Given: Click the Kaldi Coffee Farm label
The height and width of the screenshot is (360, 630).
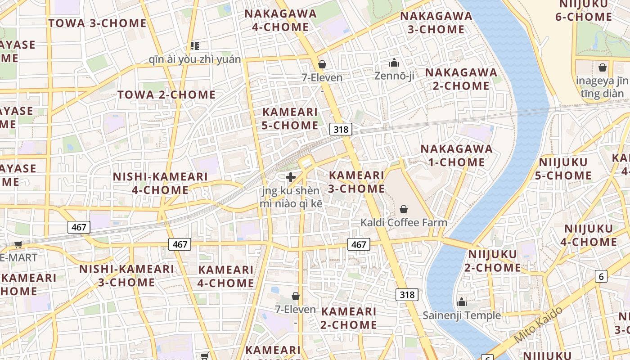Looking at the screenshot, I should coord(404,222).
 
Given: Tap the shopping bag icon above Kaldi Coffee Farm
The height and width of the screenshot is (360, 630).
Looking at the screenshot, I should coord(404,209).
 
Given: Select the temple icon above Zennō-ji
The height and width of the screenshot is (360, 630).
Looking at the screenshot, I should coord(394,63).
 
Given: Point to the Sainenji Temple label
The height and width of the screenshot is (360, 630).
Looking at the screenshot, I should coord(461,315).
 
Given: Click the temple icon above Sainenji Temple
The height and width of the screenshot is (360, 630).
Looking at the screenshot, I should coord(461,302).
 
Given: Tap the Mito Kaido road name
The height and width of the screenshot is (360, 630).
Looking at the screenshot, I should coord(538,324).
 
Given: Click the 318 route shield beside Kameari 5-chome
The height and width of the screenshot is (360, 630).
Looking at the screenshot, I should coord(341,129).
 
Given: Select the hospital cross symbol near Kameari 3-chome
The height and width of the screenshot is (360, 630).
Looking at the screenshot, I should coord(291,177).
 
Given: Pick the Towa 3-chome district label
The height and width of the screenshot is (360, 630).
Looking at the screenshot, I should coord(97,23).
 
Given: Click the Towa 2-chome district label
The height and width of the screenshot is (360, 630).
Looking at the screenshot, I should coord(166,94).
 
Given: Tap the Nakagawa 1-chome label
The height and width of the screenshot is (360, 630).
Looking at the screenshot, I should coord(456,155).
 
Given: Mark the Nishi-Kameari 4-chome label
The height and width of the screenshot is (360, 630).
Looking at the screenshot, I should coord(160,183).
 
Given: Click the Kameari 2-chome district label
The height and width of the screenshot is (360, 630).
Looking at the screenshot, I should coord(349,318).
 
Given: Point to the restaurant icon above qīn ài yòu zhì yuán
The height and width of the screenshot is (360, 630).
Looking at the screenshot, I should coord(194,45).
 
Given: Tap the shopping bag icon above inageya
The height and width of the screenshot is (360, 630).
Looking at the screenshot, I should coord(602,68).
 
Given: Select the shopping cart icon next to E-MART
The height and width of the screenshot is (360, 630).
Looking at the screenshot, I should coord(18,244).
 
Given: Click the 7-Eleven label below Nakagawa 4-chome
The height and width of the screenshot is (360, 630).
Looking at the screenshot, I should coord(322,77).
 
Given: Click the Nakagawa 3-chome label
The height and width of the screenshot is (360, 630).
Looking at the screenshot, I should coord(436,23).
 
